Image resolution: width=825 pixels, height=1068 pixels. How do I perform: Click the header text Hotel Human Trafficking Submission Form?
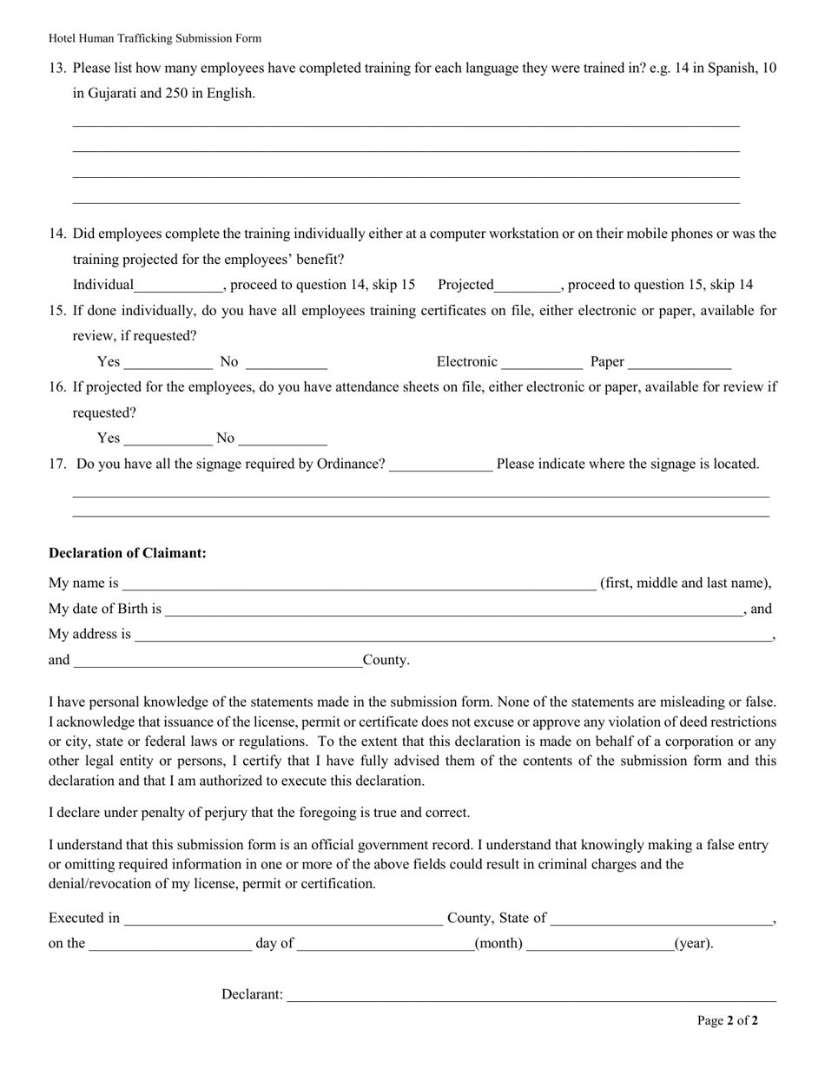(x=155, y=38)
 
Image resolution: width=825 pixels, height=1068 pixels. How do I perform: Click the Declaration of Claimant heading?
(x=128, y=553)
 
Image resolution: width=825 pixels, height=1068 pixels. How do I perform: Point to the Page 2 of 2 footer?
(x=727, y=1021)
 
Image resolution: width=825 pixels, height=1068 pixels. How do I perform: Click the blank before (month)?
(x=385, y=946)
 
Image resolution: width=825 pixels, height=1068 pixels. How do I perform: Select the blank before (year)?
(x=599, y=946)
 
